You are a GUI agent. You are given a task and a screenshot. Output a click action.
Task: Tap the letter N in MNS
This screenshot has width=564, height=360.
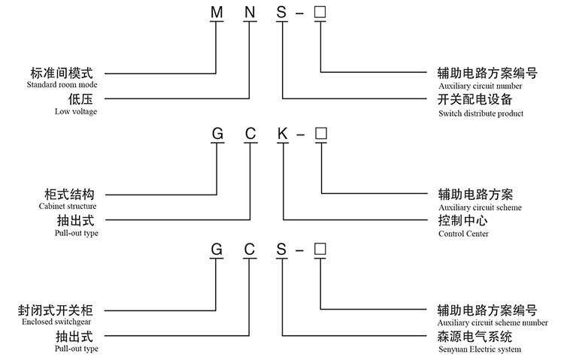[x=250, y=14]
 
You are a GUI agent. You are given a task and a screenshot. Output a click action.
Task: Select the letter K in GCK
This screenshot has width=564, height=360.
[x=282, y=135]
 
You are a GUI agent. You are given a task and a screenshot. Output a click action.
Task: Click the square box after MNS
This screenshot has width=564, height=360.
[x=320, y=14]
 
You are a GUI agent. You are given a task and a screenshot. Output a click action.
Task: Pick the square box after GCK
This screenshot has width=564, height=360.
[x=320, y=135]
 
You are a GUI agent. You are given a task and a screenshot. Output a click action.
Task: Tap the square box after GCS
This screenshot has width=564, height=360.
[x=320, y=249]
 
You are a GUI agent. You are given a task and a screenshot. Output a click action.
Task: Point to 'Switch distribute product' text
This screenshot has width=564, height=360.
[x=480, y=113]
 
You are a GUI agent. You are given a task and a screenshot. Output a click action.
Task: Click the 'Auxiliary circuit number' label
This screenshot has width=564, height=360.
[x=480, y=86]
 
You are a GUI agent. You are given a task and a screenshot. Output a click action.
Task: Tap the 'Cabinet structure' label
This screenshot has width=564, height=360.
[x=68, y=206]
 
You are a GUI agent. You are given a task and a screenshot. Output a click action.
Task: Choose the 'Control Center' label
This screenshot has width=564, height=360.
[x=463, y=234]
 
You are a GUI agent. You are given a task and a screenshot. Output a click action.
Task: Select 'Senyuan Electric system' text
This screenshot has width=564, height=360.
[x=479, y=349]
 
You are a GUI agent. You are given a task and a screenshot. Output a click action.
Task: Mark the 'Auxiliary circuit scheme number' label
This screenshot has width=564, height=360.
[x=493, y=322]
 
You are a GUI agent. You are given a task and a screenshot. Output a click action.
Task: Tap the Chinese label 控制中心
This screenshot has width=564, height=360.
[x=463, y=221]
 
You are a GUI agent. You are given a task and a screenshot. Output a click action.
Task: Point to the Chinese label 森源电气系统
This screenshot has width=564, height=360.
[x=475, y=337]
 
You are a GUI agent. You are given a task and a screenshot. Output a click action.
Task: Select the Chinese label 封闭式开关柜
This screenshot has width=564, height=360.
[x=60, y=310]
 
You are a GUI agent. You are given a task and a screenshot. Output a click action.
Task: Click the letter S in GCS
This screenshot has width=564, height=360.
[x=282, y=249]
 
